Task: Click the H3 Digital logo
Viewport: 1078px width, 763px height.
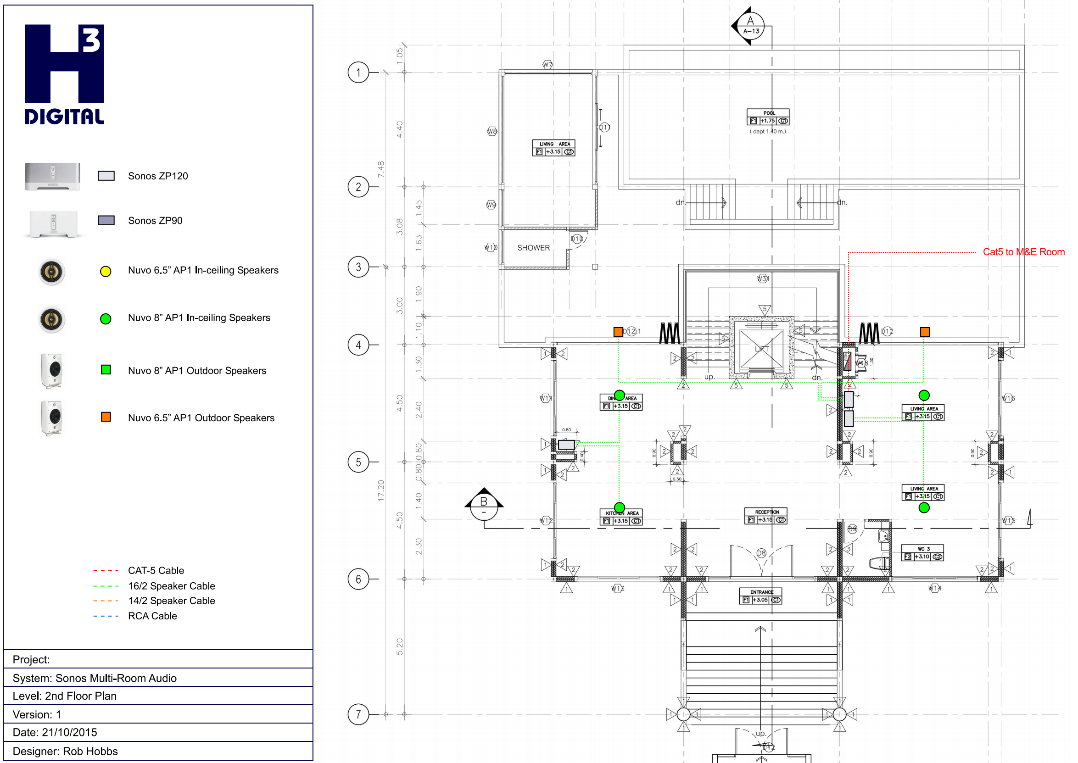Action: tap(64, 74)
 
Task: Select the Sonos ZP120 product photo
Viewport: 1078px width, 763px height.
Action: tap(53, 176)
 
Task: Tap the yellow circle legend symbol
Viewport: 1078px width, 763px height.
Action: tap(106, 272)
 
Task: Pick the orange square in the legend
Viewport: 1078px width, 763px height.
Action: tap(106, 417)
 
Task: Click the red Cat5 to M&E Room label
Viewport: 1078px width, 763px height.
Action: tap(1023, 252)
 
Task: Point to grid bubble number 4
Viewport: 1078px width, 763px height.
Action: tap(358, 345)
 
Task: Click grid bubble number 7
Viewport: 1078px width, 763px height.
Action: tap(358, 715)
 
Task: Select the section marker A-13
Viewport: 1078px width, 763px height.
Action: tap(750, 26)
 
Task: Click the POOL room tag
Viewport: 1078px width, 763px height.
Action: tap(768, 117)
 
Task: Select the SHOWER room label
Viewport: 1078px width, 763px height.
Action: tap(533, 248)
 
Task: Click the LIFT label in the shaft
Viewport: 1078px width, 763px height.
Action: tap(761, 349)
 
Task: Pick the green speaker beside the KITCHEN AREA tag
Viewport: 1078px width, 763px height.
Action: tap(620, 507)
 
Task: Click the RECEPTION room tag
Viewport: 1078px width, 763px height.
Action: tap(765, 516)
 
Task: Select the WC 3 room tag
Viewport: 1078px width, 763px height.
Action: tap(922, 553)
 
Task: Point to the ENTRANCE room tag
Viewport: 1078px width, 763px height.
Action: tap(760, 596)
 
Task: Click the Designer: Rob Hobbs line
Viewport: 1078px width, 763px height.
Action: tap(65, 751)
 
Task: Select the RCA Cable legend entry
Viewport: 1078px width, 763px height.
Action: tap(152, 616)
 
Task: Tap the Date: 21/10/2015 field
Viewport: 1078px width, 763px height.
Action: tap(55, 732)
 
